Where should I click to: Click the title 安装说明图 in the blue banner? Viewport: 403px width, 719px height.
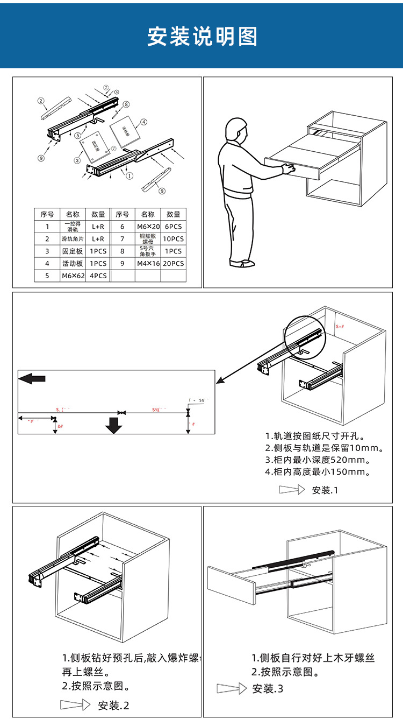coord(202,37)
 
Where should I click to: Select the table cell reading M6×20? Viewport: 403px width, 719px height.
coord(148,227)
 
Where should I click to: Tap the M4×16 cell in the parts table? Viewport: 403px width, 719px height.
coord(148,263)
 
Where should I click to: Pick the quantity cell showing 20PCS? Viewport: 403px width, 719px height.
coord(173,263)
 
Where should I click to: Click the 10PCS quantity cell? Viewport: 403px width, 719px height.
coord(173,238)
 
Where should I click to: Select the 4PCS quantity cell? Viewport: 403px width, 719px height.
coord(98,276)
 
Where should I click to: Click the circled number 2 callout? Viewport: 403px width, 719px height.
coord(40,101)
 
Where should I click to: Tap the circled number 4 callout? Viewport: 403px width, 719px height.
coord(144,122)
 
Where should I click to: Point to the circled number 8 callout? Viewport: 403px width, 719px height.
coord(126,104)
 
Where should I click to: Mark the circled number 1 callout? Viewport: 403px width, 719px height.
coord(129,175)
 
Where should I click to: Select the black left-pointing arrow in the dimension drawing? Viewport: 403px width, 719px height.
coord(32,379)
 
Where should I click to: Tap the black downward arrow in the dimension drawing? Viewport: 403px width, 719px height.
coord(114,425)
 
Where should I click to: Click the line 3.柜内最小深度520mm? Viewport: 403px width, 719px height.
coord(318,460)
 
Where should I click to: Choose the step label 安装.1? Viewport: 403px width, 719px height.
coord(325,490)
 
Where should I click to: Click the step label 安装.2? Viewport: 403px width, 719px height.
coord(113,706)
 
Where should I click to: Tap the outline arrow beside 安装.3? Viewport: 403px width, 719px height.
coord(231,689)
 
